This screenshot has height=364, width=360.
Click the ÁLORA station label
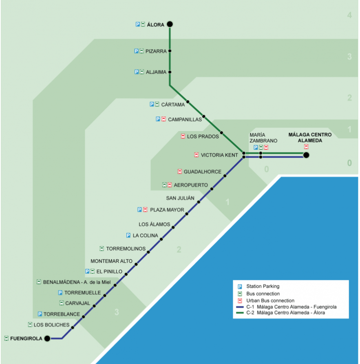pos(155,24)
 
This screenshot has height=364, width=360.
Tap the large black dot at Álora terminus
pos(170,24)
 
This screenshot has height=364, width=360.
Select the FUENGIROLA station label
pos(26,338)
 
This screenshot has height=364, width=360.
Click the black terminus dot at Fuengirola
pos(47,338)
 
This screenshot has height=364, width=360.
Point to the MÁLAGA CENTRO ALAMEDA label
pos(310,138)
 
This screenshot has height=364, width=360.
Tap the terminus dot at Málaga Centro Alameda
pos(306,155)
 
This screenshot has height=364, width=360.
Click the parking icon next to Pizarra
pos(137,51)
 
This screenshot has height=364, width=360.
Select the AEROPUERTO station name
pos(191,185)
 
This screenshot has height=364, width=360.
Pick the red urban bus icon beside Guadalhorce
pos(180,172)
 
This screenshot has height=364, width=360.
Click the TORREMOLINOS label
pos(126,249)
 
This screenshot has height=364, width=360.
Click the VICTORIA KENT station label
pos(219,155)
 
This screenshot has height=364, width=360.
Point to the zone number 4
pos(349,15)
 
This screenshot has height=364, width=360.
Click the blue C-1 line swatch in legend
pos(241,307)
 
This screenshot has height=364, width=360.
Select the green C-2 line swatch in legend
pos(241,313)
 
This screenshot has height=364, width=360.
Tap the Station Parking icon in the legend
pos(240,287)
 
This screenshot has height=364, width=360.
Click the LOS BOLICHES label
pos(51,325)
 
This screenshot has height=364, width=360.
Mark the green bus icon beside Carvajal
pos(62,303)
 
